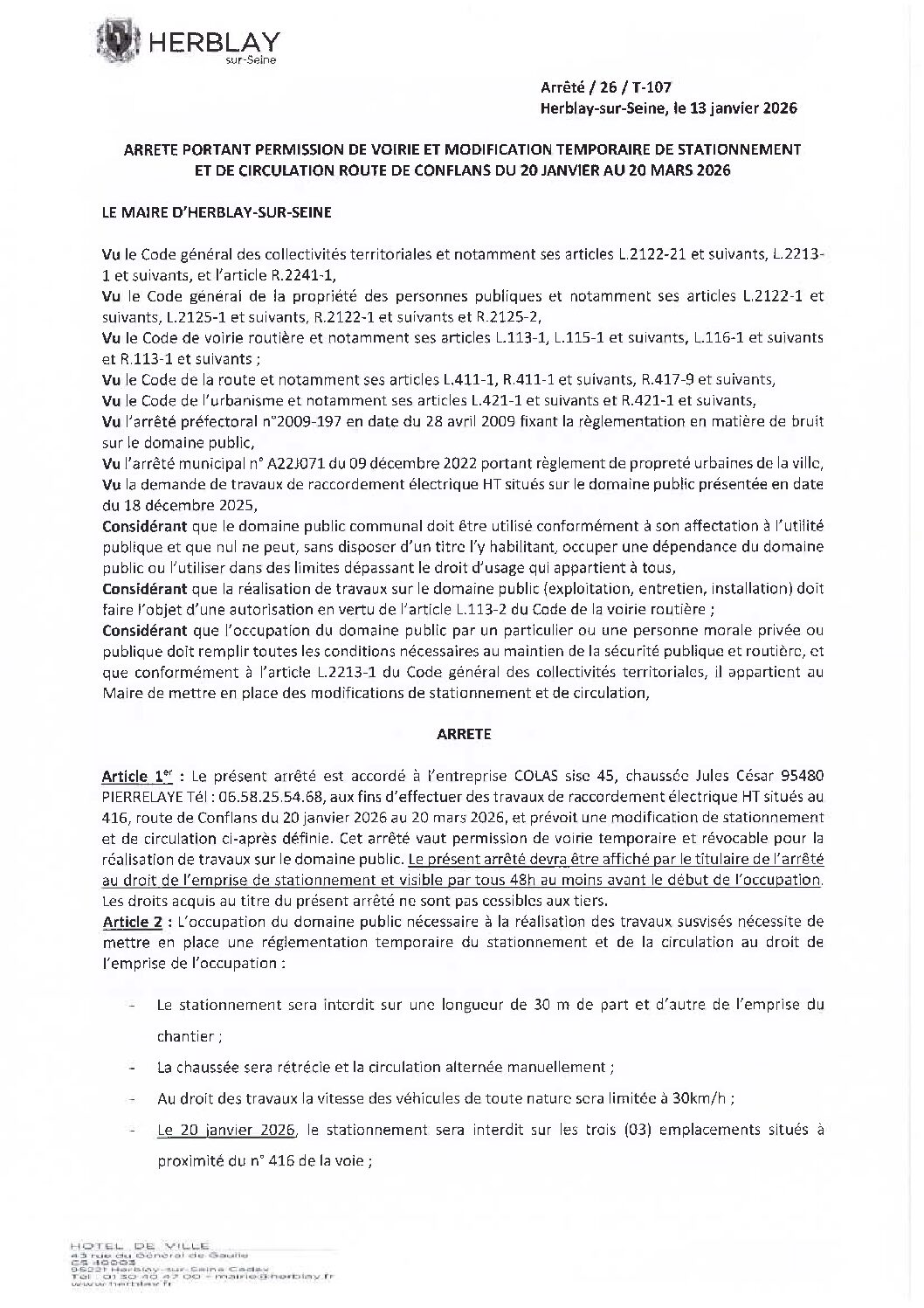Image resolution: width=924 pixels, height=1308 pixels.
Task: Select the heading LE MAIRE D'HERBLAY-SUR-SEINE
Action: (217, 212)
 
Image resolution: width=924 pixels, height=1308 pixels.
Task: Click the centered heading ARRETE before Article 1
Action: (463, 734)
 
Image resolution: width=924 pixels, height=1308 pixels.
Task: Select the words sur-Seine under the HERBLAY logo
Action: (256, 60)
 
